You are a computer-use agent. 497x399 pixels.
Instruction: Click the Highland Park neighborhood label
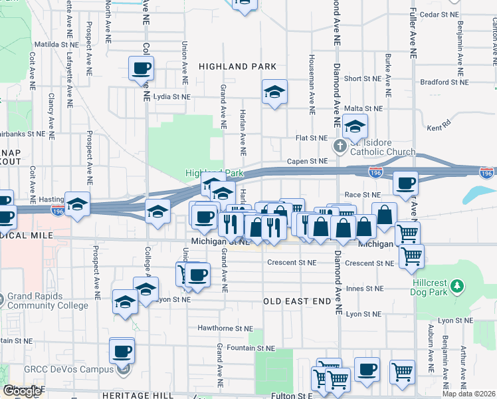pyautogui.click(x=237, y=66)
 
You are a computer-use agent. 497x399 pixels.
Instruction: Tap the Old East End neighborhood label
pyautogui.click(x=297, y=301)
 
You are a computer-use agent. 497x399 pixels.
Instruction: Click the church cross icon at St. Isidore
pyautogui.click(x=339, y=146)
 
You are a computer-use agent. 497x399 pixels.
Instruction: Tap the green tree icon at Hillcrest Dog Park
pyautogui.click(x=456, y=286)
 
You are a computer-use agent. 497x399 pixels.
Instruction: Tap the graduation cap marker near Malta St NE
pyautogui.click(x=355, y=126)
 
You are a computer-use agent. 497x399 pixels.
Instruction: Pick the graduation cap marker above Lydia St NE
pyautogui.click(x=274, y=92)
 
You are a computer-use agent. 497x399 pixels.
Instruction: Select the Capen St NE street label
pyautogui.click(x=308, y=161)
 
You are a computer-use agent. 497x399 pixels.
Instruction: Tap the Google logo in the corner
pyautogui.click(x=23, y=391)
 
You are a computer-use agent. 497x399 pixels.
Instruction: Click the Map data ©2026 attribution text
pyautogui.click(x=468, y=394)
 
